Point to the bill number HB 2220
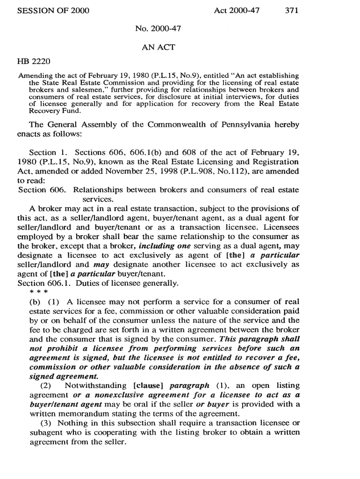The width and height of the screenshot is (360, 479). coord(34,61)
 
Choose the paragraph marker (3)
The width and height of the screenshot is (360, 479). coord(42,423)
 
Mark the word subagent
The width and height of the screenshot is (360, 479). coord(46,432)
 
